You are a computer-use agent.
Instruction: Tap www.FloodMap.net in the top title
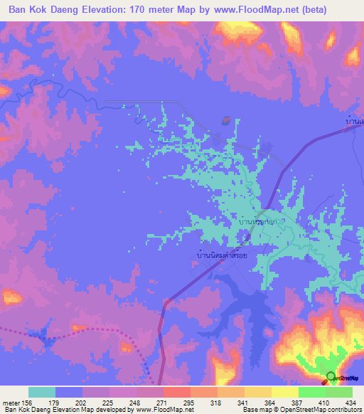click(265, 10)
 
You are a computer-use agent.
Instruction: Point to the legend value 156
click(28, 402)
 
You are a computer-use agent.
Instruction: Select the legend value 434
click(349, 402)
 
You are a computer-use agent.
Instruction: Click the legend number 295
click(190, 402)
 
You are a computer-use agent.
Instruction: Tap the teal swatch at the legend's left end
click(42, 392)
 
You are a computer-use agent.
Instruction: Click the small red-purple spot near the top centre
click(225, 120)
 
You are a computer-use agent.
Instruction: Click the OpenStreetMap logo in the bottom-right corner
click(331, 377)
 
